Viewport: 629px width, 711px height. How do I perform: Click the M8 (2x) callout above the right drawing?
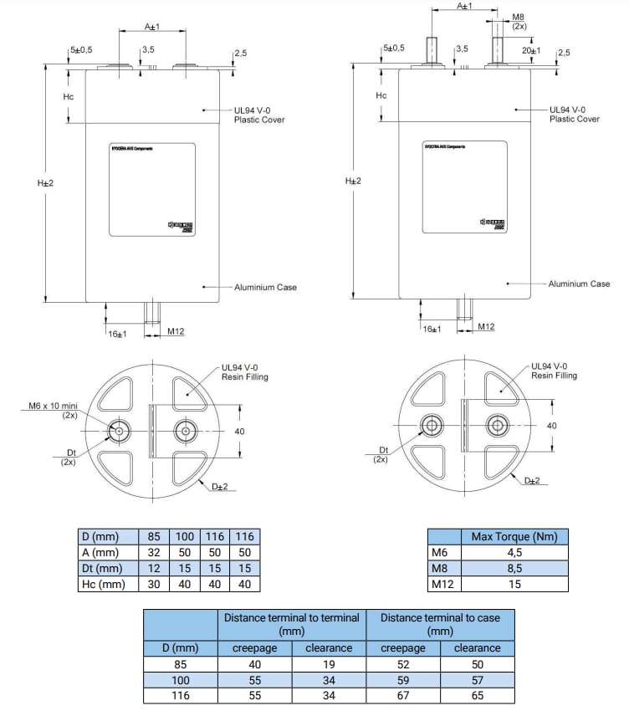pyautogui.click(x=519, y=22)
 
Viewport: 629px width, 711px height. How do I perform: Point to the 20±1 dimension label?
pyautogui.click(x=530, y=50)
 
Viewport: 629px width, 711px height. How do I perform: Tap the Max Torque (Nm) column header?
pyautogui.click(x=514, y=536)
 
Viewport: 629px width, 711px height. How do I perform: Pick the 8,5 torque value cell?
pyautogui.click(x=514, y=568)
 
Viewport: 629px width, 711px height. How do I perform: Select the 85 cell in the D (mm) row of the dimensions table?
pyautogui.click(x=154, y=536)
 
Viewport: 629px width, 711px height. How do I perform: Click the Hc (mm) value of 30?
pyautogui.click(x=154, y=585)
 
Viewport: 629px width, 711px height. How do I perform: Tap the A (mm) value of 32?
pyautogui.click(x=154, y=553)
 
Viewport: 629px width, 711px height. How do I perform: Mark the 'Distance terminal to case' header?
pyautogui.click(x=440, y=624)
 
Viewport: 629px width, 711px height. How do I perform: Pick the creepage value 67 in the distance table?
pyautogui.click(x=403, y=695)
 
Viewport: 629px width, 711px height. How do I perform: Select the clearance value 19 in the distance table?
pyautogui.click(x=329, y=664)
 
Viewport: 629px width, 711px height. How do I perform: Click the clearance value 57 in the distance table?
pyautogui.click(x=477, y=680)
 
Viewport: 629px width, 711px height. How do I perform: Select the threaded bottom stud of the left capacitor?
pyautogui.click(x=153, y=313)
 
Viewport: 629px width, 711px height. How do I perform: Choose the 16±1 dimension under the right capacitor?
pyautogui.click(x=432, y=330)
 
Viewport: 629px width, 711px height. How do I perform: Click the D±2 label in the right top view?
pyautogui.click(x=532, y=480)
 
